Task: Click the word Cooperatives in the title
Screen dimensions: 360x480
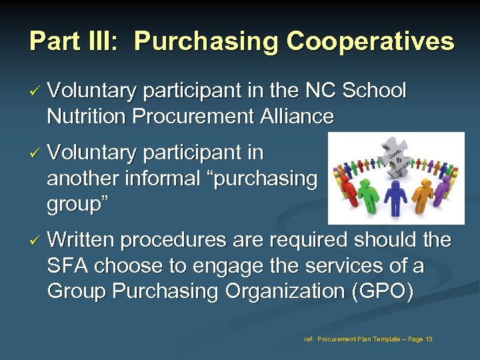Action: [x=370, y=41]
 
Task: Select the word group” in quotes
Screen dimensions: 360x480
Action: [x=75, y=204]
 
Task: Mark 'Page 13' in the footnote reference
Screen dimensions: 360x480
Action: [x=419, y=339]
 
